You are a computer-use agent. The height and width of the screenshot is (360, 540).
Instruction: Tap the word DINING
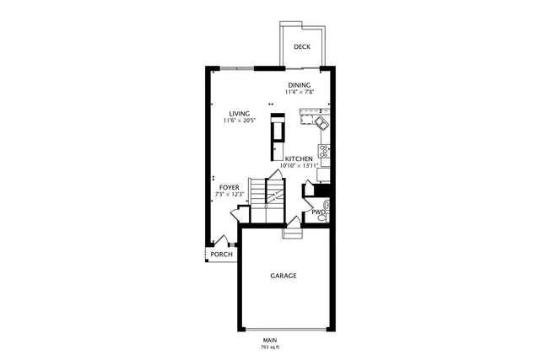[299, 85]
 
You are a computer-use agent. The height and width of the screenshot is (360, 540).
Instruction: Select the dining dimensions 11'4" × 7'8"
[299, 93]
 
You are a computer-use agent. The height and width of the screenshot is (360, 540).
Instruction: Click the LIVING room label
[240, 113]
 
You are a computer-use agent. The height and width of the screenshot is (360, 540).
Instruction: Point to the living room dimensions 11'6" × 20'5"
[240, 121]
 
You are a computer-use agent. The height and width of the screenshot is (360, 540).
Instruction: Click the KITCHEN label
[299, 159]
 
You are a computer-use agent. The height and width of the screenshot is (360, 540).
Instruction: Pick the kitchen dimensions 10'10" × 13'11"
[299, 166]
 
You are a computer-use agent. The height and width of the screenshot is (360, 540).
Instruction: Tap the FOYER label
[229, 187]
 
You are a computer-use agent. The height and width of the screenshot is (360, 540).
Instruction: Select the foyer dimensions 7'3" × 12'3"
[229, 195]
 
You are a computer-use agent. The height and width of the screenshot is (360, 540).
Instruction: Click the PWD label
[317, 212]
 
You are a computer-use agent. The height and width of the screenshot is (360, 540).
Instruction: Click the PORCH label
[221, 254]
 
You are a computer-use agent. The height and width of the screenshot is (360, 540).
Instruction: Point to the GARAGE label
[283, 276]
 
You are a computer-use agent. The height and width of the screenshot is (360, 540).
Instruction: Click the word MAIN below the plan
[270, 340]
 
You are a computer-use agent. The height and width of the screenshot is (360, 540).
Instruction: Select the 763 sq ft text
[270, 347]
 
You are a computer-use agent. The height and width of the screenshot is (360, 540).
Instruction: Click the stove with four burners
[323, 152]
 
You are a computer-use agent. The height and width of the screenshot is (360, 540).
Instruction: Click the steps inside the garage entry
[291, 234]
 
